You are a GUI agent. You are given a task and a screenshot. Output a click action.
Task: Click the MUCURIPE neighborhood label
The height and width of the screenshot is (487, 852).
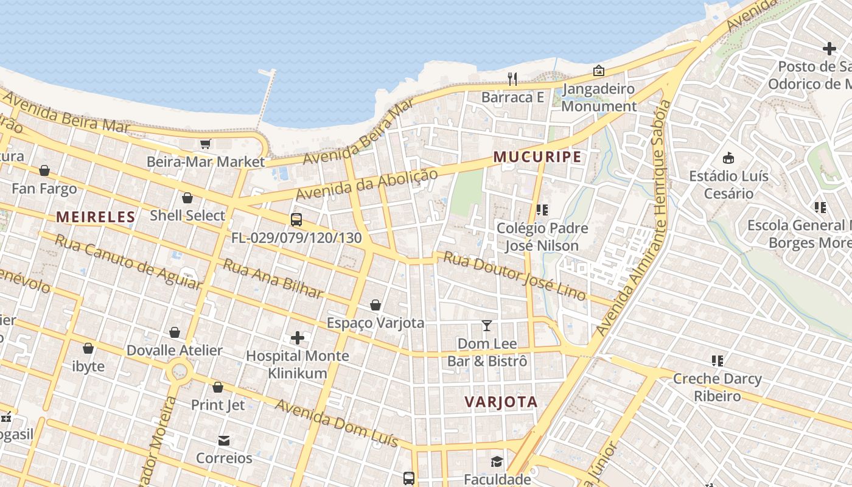tap(537, 157)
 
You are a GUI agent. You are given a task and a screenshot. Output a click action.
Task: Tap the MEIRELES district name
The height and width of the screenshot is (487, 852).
tap(96, 217)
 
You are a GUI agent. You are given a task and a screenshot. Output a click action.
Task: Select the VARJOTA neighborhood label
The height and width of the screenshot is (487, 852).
tap(501, 402)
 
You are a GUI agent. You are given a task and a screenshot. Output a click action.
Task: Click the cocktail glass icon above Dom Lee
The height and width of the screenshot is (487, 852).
tap(487, 326)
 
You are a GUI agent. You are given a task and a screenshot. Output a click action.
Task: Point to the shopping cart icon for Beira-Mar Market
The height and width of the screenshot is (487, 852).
tap(206, 144)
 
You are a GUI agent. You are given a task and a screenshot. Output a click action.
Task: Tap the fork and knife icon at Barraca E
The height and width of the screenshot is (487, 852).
tap(512, 79)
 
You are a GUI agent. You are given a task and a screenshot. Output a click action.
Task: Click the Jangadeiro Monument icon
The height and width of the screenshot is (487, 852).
tap(599, 71)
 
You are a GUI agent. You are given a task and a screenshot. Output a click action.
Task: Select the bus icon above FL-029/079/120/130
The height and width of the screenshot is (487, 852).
tap(296, 220)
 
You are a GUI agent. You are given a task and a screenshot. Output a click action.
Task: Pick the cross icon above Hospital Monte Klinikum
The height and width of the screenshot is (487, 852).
tap(298, 337)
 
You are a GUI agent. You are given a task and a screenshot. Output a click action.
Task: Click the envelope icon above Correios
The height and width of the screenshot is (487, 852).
tap(224, 440)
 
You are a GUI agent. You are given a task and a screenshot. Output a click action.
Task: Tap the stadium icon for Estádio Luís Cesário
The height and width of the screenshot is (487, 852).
tap(728, 158)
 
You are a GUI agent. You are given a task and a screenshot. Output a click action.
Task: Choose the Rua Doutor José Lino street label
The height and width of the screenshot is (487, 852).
tap(515, 276)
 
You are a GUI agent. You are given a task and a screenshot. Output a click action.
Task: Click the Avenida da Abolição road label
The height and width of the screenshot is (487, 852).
tap(366, 184)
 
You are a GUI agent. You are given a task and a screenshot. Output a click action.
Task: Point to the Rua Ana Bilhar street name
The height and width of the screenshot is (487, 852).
tap(272, 279)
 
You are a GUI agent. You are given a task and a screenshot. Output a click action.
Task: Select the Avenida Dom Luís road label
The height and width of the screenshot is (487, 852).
tap(337, 422)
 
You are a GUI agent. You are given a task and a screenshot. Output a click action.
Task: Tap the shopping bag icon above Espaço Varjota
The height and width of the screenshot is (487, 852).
tap(375, 304)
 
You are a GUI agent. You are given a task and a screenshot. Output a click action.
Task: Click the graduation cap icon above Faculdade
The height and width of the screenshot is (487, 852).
tap(497, 461)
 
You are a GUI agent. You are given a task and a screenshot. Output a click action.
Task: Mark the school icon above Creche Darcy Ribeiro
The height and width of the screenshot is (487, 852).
tap(718, 361)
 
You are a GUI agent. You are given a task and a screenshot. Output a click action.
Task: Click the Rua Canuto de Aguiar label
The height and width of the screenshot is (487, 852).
tap(127, 261)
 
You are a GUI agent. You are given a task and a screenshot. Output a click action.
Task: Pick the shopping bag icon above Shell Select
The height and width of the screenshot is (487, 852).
tap(187, 198)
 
